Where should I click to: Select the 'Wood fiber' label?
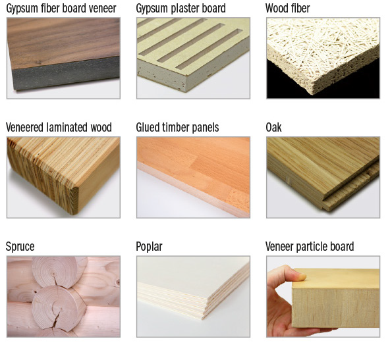[x=287, y=8]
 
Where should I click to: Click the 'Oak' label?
[x=273, y=127]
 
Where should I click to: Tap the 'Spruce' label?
[x=20, y=247]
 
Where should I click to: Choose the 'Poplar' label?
[x=149, y=247]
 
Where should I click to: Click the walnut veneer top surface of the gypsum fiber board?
[x=63, y=41]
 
